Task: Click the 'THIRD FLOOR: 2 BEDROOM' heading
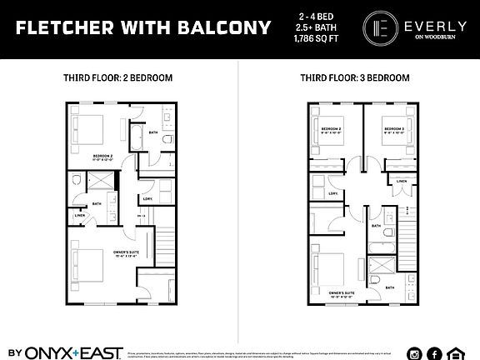117,77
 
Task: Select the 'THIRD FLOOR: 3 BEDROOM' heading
355,77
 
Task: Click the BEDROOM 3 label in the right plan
393,129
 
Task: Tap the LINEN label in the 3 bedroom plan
402,181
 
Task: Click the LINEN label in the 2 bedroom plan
80,216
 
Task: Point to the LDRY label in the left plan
147,198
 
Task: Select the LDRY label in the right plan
333,194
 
